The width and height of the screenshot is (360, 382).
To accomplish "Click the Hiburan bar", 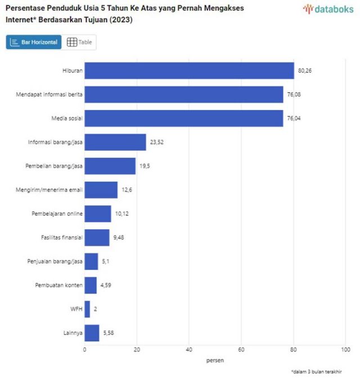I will pos(189,71).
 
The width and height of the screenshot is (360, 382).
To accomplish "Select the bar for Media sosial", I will pos(183,119).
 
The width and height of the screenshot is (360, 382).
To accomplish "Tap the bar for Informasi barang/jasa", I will pos(115,142).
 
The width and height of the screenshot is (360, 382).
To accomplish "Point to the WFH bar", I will pos(87,309).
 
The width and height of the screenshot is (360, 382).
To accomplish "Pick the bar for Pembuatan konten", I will pos(91,285).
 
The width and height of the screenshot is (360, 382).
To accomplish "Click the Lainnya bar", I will pos(92,333).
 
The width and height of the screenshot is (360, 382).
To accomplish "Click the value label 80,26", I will pos(304,71).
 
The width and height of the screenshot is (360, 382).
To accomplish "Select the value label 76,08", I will pos(294,94).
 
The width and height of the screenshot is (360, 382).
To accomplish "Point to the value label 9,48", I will pos(119,238).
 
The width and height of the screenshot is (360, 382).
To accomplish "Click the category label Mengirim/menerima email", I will pos(49,190).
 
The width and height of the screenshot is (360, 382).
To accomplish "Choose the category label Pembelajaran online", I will pos(57,214).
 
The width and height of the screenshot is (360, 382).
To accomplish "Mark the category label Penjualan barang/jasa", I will pos(55,262).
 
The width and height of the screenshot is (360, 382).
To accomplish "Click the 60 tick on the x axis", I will pos(241,349).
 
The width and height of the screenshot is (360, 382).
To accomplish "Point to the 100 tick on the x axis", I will pos(345,349).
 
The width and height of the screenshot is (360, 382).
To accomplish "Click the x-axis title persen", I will pos(215,360).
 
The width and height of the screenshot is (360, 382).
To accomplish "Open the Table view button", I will pos(79,42).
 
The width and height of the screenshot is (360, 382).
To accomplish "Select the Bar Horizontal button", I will pos(34,42).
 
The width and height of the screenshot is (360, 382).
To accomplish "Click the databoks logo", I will pos(328,9).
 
